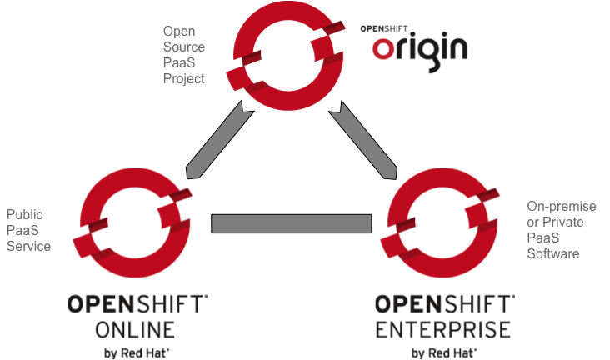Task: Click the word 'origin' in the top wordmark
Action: tap(419, 48)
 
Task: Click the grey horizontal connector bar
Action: tap(291, 223)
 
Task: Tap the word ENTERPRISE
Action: tap(442, 327)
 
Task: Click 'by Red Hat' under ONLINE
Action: tap(137, 352)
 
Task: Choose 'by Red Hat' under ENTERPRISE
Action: tap(443, 352)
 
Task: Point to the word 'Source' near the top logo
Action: tap(183, 47)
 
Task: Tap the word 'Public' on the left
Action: tap(24, 214)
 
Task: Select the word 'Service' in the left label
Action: tap(28, 246)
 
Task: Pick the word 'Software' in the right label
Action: tap(552, 253)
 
